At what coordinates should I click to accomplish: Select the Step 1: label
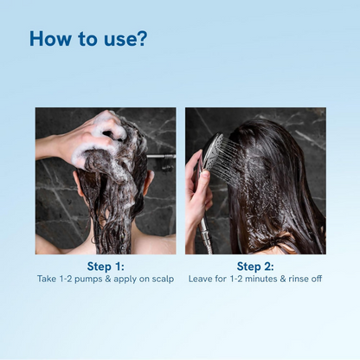click(105, 266)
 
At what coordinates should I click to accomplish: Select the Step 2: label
click(254, 266)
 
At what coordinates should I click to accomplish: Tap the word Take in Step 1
click(48, 279)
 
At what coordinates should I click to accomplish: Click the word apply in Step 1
click(131, 279)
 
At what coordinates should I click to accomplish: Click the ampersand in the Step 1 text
click(115, 279)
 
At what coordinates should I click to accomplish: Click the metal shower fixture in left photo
click(161, 157)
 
